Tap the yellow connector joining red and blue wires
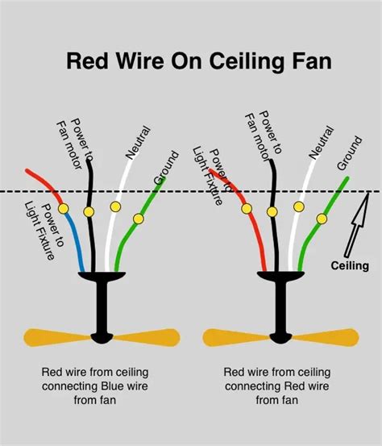click(x=64, y=209)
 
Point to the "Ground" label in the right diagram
click(x=349, y=153)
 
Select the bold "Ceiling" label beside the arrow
click(x=350, y=265)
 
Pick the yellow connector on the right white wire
click(x=298, y=207)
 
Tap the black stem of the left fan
click(x=102, y=306)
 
